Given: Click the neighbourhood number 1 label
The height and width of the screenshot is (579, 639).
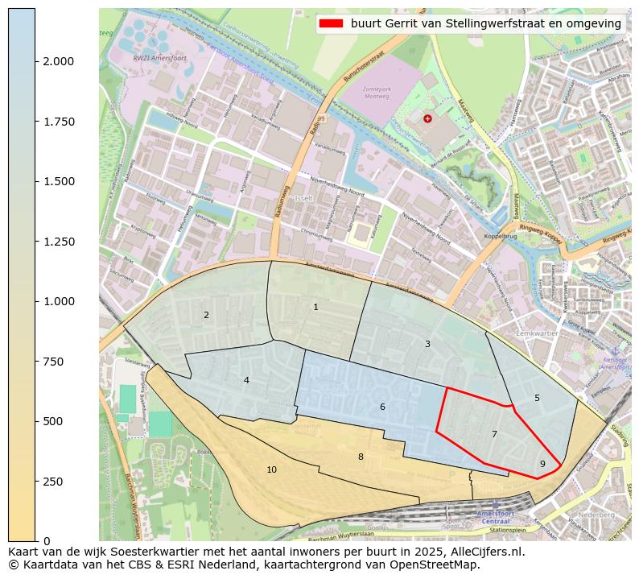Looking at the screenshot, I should [315, 307].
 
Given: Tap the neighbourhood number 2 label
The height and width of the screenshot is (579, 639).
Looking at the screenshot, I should [206, 315].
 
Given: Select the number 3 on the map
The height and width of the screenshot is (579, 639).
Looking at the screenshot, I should [427, 344].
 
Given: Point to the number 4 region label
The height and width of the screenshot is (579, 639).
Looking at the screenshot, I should [246, 380].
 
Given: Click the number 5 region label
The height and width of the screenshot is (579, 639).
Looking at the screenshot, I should [537, 398].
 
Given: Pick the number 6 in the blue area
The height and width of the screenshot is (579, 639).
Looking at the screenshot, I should [382, 407].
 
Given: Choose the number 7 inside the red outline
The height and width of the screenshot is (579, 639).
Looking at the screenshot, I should [494, 434].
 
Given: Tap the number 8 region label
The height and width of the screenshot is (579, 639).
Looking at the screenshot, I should [361, 457].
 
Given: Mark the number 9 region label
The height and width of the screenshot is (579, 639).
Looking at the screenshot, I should [542, 464].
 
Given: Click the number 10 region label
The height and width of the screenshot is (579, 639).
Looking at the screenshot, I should [271, 469].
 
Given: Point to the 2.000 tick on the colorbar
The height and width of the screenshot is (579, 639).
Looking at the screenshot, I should [59, 61].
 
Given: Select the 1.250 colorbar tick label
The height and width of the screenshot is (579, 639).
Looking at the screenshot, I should [59, 242].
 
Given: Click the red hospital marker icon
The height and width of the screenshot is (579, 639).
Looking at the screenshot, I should [427, 118].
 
